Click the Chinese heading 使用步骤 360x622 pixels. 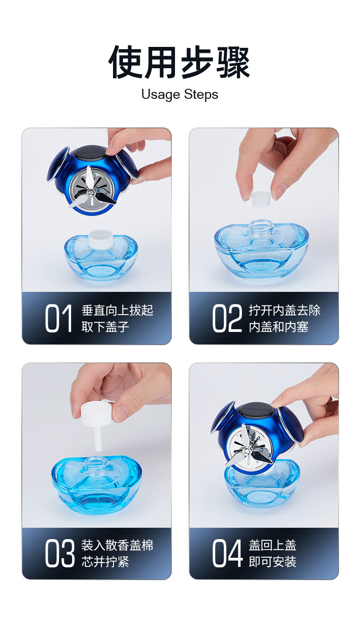pos(179,62)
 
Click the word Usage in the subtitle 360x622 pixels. pos(161,95)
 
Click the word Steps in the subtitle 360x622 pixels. pos(201,95)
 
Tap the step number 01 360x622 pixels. pos(58,318)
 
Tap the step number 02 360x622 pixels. pos(227,318)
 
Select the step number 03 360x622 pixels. pos(60,553)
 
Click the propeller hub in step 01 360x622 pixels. pos(91,192)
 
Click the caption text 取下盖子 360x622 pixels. pos(105,326)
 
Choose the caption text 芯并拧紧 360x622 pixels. pos(105,561)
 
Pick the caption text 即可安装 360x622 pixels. pos(273,561)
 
